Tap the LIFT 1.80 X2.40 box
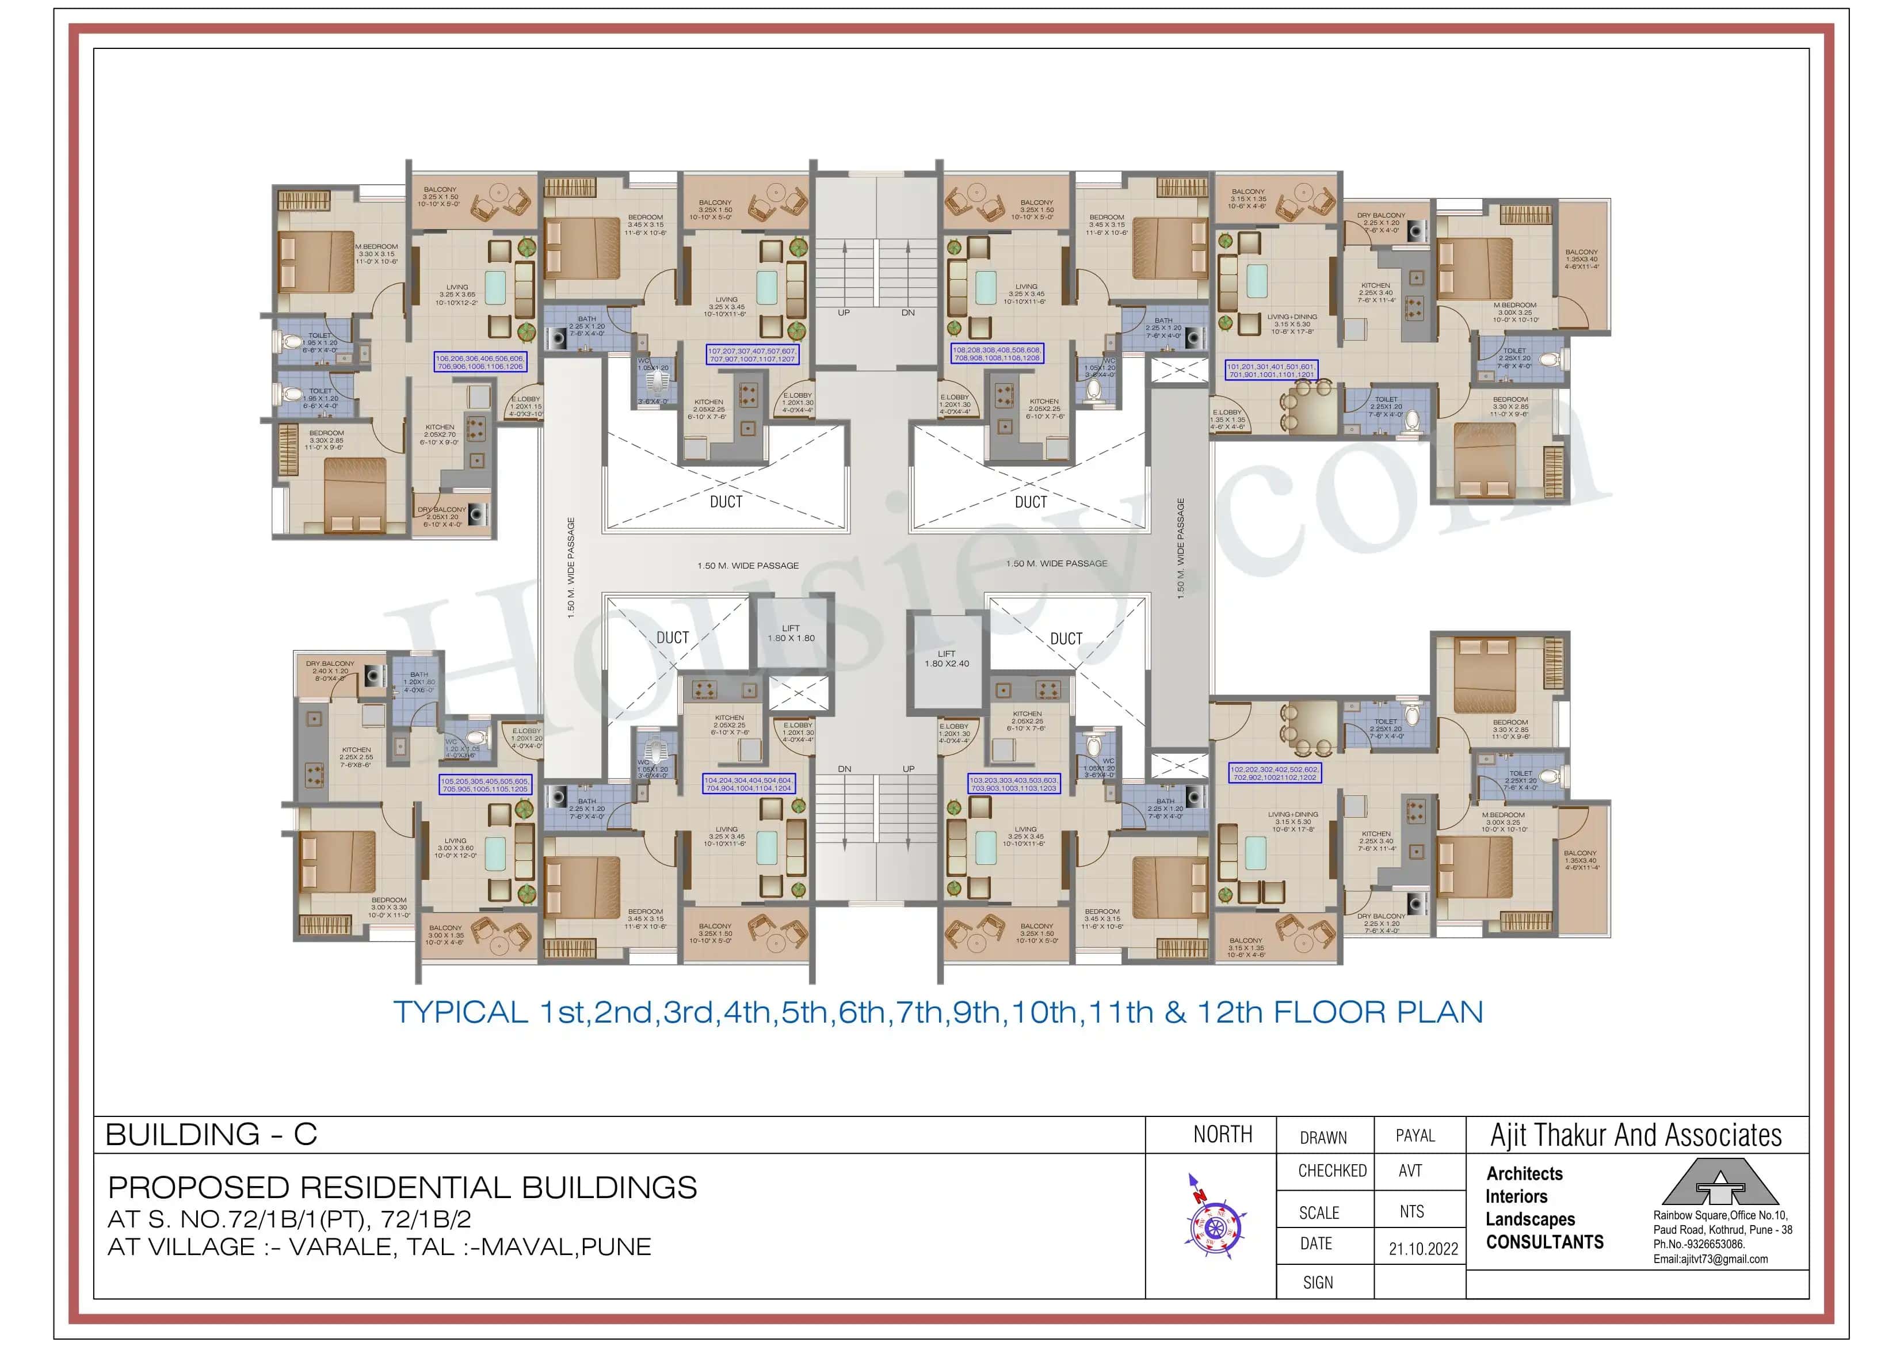click(x=946, y=659)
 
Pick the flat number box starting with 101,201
click(x=1271, y=371)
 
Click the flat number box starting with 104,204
click(x=748, y=784)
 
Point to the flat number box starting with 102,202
click(x=1275, y=773)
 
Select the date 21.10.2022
click(x=1423, y=1249)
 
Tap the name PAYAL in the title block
click(x=1415, y=1135)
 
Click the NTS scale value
click(x=1411, y=1212)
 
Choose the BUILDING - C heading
click(x=212, y=1135)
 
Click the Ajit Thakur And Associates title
click(x=1635, y=1135)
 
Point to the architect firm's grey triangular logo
click(x=1720, y=1184)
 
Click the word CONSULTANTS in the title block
click(x=1544, y=1242)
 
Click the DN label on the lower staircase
click(x=844, y=769)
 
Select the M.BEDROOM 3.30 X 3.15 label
click(x=376, y=254)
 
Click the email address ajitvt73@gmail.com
click(x=1710, y=1259)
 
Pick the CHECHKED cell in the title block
click(x=1332, y=1171)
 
